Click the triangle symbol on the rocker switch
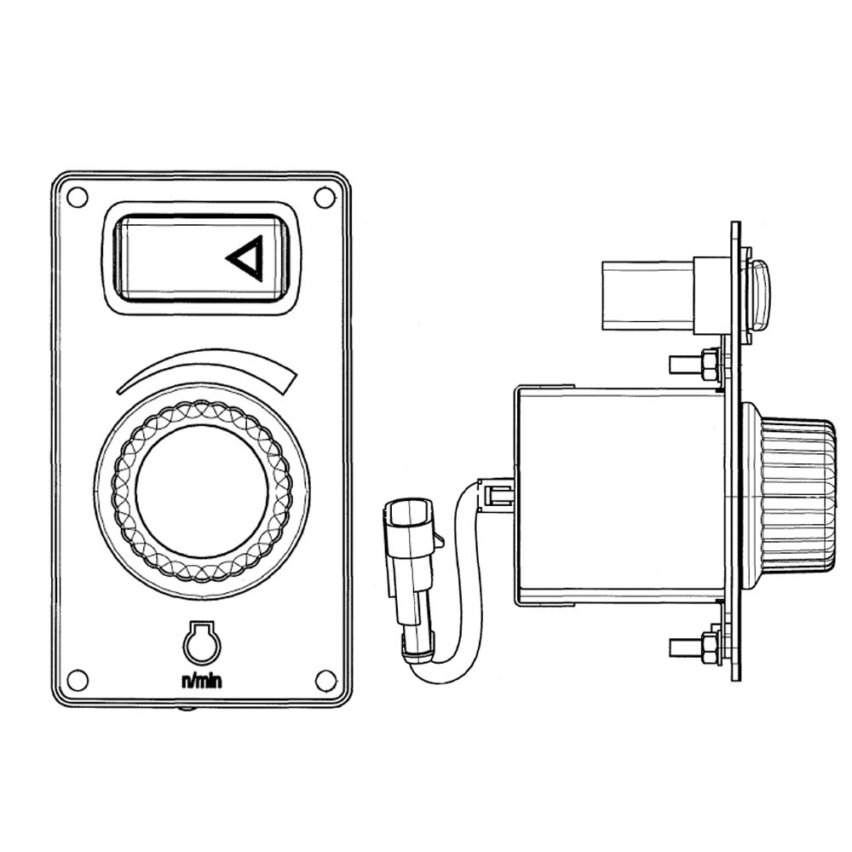pyautogui.click(x=247, y=258)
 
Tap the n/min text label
pyautogui.click(x=202, y=681)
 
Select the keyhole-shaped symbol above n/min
pyautogui.click(x=202, y=642)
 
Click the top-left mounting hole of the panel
pyautogui.click(x=77, y=197)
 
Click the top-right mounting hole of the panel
pyautogui.click(x=325, y=198)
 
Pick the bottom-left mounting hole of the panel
pyautogui.click(x=78, y=680)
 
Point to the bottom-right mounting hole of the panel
pyautogui.click(x=326, y=681)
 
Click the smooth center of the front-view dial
pyautogui.click(x=202, y=492)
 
